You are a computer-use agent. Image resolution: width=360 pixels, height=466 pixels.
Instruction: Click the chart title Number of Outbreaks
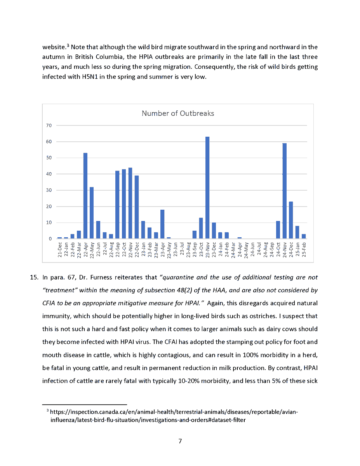coord(177,113)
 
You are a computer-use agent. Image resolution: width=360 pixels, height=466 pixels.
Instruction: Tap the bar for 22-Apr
coord(85,196)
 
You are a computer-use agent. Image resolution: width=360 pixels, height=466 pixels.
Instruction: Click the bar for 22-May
coord(92,213)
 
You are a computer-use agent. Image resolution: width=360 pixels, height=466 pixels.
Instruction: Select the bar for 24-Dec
coord(291,220)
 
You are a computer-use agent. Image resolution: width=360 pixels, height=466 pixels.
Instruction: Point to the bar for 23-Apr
coord(162,224)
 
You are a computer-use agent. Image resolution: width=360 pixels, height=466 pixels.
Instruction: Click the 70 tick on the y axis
coord(49,125)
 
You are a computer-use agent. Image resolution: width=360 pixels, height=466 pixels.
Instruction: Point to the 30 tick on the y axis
coord(49,190)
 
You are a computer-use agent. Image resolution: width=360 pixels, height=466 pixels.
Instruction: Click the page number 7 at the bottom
coord(180,441)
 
